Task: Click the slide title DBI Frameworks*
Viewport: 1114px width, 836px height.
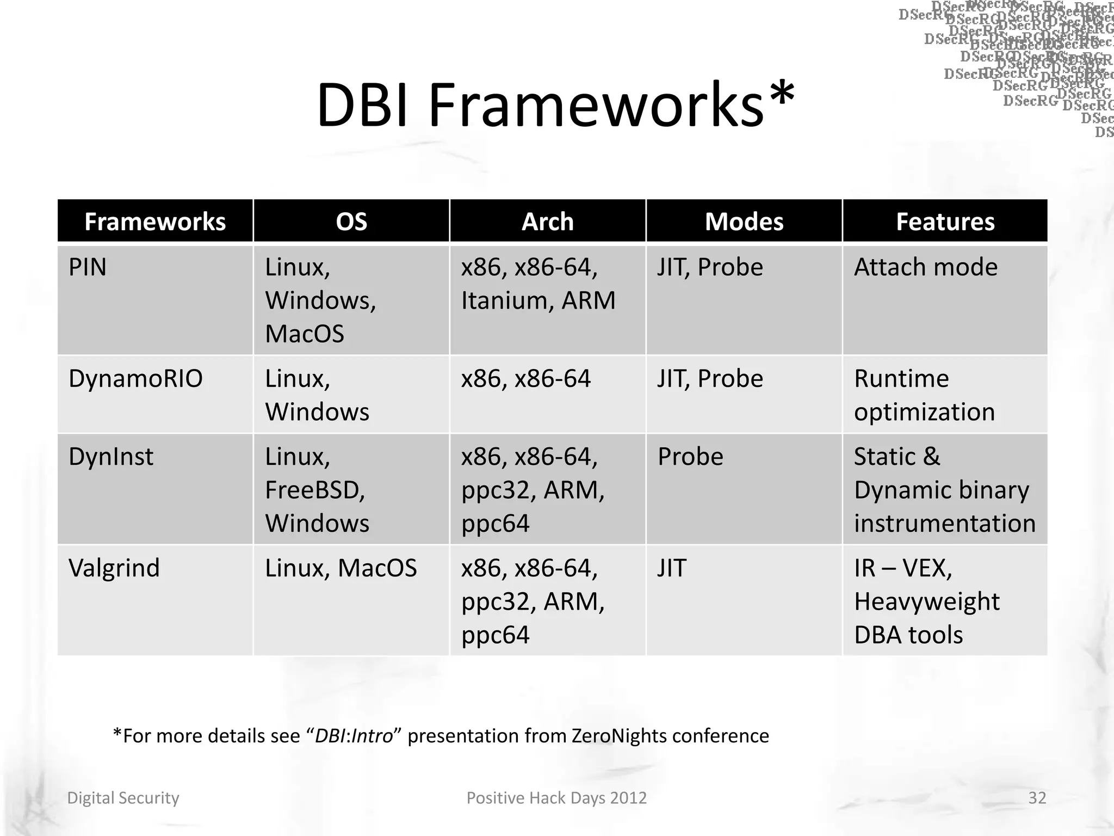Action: [555, 104]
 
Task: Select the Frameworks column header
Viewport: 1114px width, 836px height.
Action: [155, 222]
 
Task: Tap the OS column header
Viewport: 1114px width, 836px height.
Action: [351, 222]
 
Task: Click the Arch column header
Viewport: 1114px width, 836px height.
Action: [548, 222]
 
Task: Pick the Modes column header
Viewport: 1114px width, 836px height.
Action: [744, 222]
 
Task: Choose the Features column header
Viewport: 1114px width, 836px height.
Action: [945, 222]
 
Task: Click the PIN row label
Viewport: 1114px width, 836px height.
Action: [88, 267]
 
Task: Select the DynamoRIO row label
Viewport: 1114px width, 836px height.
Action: [135, 379]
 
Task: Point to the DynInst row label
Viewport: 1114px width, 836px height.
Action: [111, 457]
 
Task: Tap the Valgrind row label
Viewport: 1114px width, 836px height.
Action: [114, 568]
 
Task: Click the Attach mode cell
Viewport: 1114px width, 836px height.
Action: [926, 267]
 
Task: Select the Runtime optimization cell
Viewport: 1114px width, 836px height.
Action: [924, 395]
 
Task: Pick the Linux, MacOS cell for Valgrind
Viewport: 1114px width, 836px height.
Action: [341, 568]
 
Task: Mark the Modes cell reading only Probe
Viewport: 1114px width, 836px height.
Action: [690, 457]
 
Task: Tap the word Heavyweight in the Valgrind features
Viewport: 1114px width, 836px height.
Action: [927, 602]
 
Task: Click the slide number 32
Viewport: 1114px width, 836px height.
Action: [1037, 798]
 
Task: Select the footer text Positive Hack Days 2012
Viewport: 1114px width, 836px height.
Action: [556, 798]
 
